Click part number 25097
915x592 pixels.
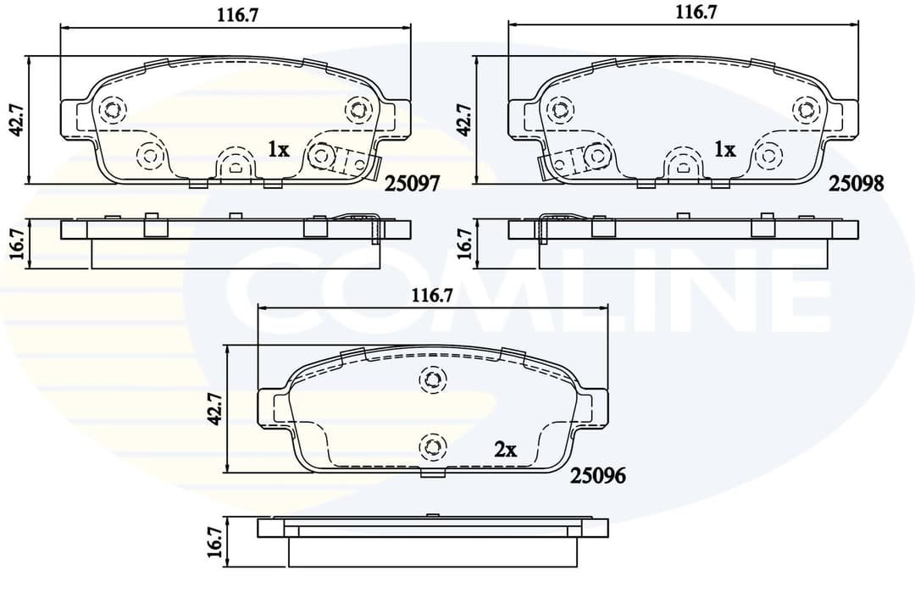click(x=413, y=183)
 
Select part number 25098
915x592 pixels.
click(x=856, y=183)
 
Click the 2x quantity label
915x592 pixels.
click(x=506, y=451)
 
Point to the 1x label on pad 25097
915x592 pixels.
click(x=279, y=150)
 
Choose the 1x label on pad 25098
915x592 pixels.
click(x=725, y=150)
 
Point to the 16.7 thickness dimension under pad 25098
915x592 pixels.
click(x=463, y=243)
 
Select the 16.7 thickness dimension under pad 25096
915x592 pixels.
click(x=215, y=541)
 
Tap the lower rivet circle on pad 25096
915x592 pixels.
click(x=433, y=446)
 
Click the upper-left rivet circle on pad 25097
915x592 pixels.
click(x=112, y=109)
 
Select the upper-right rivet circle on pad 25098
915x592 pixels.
click(x=805, y=109)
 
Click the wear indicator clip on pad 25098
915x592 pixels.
click(x=562, y=161)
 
